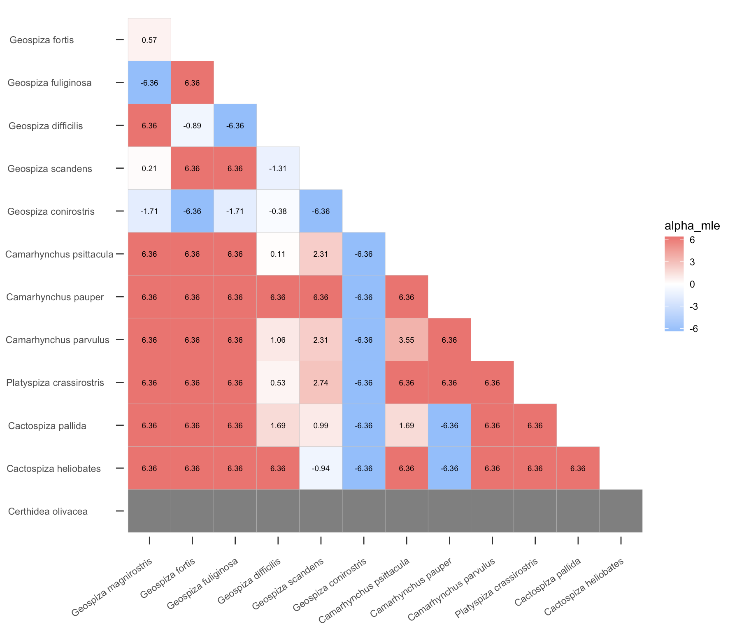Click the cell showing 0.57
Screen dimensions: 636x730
click(x=149, y=40)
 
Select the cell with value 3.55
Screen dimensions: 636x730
click(x=407, y=340)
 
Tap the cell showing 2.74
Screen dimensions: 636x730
click(x=321, y=383)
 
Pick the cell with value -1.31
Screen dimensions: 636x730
click(x=278, y=169)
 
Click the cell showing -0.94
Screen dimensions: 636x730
click(x=321, y=469)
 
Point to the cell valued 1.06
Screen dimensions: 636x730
click(x=278, y=340)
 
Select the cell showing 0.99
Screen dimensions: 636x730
click(x=321, y=426)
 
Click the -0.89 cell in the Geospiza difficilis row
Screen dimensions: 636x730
click(x=192, y=126)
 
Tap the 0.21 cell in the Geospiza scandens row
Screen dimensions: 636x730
click(x=149, y=169)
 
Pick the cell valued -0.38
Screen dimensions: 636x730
click(x=278, y=211)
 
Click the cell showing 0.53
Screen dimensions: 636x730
click(x=278, y=383)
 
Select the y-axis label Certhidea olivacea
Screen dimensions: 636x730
click(x=48, y=512)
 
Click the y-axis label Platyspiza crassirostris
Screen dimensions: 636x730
click(x=55, y=383)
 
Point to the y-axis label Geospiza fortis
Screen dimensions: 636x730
click(x=42, y=40)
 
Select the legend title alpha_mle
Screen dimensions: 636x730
click(x=692, y=226)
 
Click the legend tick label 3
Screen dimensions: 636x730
click(x=692, y=262)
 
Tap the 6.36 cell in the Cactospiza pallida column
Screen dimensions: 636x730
click(x=578, y=469)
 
